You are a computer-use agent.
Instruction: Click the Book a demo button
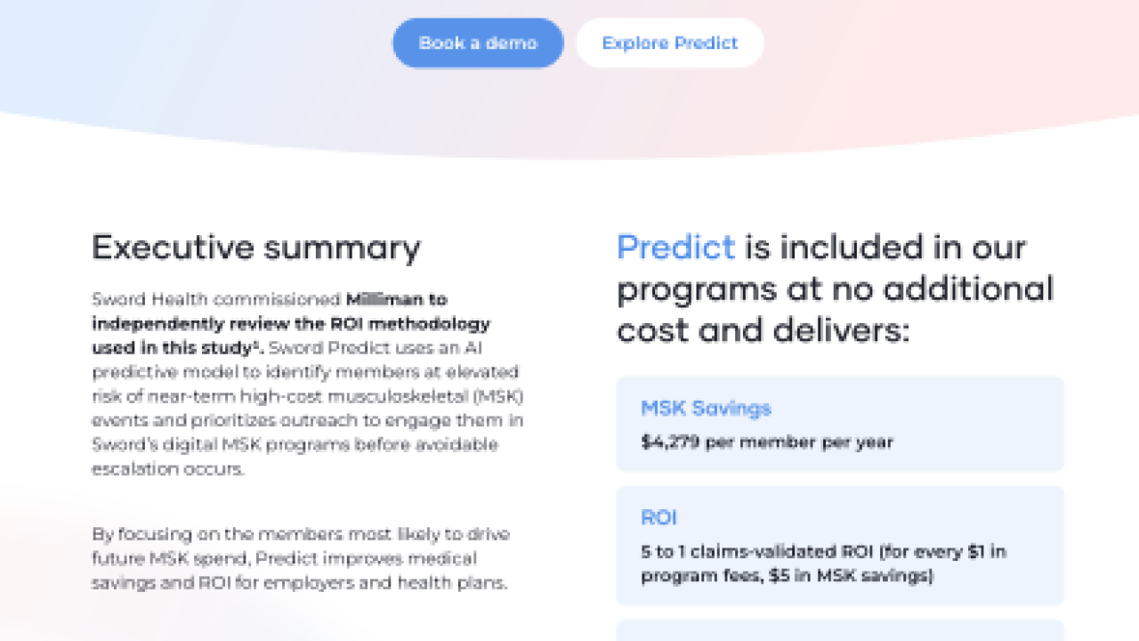point(478,44)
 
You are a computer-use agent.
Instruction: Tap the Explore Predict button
point(670,44)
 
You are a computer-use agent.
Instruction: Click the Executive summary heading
point(256,248)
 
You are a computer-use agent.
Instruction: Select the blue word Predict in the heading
point(675,247)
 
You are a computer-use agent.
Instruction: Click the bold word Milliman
point(384,299)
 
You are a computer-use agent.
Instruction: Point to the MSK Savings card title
point(706,409)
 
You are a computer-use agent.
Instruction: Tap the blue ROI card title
point(658,517)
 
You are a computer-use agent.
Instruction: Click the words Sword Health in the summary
point(150,299)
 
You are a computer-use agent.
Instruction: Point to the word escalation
point(134,468)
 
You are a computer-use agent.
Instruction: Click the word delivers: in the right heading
point(841,331)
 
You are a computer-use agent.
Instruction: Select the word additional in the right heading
point(968,289)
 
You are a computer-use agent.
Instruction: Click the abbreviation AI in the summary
point(473,348)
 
